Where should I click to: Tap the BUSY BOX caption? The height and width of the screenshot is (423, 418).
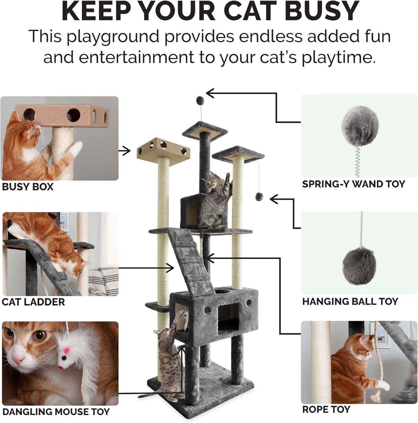28,187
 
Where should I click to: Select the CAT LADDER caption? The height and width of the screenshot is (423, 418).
33,302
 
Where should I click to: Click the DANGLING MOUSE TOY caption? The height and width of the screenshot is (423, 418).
56,411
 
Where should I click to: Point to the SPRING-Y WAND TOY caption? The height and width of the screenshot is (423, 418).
353,184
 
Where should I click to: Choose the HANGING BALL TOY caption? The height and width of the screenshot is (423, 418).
350,301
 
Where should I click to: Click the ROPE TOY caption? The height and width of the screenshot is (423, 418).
326,409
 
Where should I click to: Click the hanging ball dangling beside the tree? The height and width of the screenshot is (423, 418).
258,197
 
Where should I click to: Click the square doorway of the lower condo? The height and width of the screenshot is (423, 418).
229,317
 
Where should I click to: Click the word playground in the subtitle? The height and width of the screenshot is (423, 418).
113,37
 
